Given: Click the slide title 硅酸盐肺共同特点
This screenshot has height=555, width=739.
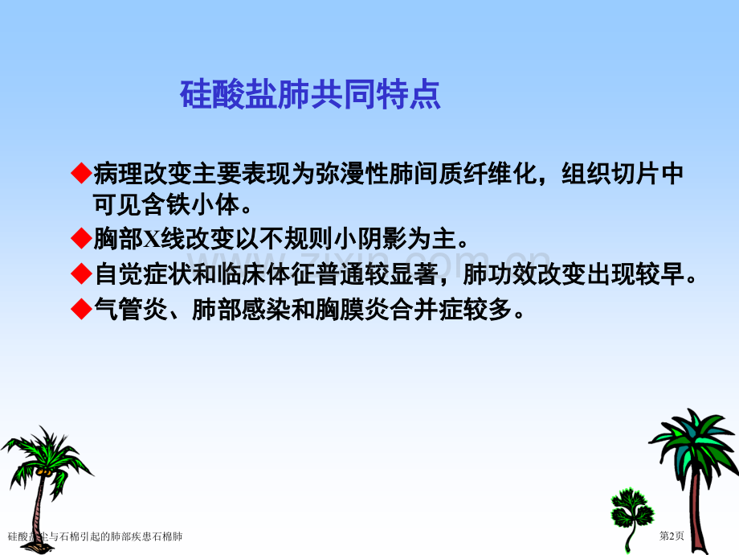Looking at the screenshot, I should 310,95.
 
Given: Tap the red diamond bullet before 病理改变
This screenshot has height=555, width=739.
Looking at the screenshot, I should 81,173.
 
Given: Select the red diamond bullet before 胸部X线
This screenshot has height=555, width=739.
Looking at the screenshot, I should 81,239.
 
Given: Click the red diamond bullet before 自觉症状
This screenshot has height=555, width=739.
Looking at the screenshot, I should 81,274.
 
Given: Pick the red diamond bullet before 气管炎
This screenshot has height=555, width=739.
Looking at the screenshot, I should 81,309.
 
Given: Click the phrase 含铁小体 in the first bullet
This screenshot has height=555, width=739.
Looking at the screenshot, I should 190,205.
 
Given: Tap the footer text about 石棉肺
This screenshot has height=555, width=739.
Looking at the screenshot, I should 95,536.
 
